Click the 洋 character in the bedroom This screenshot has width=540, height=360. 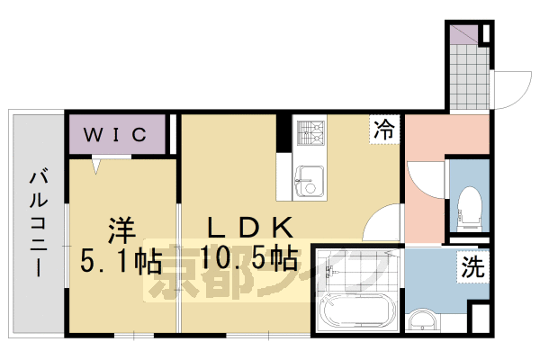click(116, 227)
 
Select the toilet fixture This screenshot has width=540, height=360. click(469, 204)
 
